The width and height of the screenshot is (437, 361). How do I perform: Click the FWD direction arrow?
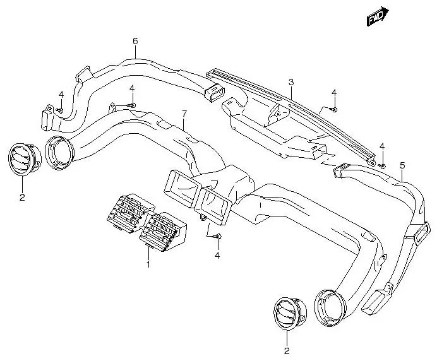tap(378, 17)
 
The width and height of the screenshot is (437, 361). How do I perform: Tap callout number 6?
tap(135, 41)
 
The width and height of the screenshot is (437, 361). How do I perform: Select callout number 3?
tap(290, 82)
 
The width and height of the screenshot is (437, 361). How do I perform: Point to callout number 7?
tap(184, 114)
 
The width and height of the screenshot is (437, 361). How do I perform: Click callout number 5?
tap(402, 165)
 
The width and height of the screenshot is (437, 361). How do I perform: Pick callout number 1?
tap(148, 264)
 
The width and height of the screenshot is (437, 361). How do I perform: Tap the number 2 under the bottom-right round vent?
tap(286, 351)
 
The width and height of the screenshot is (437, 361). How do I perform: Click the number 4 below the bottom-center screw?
tap(217, 255)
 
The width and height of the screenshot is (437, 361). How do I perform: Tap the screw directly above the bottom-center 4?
tap(217, 237)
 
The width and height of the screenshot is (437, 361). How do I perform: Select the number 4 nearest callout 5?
tap(381, 146)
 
